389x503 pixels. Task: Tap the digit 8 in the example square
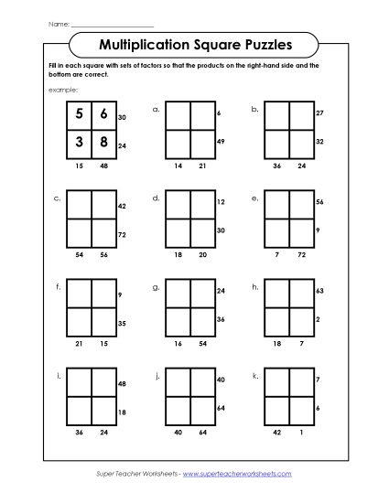pos(103,143)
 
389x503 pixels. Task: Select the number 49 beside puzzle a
pos(220,143)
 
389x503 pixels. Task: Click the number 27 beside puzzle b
pos(319,113)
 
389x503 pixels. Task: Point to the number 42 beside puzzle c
pos(122,207)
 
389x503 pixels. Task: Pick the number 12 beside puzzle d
pos(220,201)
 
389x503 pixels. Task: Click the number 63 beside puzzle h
pos(319,289)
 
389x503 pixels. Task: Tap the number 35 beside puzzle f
pos(122,324)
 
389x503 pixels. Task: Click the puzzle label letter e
pos(254,197)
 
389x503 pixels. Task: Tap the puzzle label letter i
pos(59,375)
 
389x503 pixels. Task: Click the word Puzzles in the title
pos(261,42)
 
